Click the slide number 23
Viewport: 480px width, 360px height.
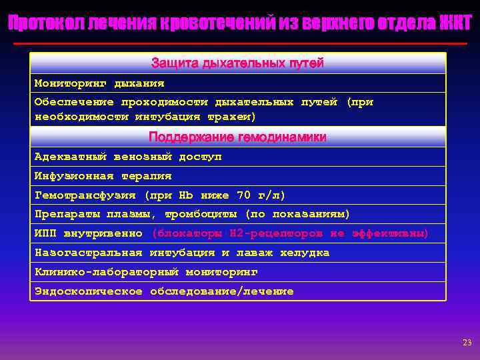pos(467,343)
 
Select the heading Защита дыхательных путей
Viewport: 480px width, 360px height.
pos(237,63)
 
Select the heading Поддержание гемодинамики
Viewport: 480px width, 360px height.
pos(237,137)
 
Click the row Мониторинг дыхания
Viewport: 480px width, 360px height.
pos(99,84)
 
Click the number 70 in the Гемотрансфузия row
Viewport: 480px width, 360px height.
pos(244,195)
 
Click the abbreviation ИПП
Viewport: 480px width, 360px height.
pos(45,233)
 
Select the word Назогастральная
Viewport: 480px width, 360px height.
pos(88,253)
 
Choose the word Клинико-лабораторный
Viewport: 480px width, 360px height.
pos(106,272)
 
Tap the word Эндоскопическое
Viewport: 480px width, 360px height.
pos(88,291)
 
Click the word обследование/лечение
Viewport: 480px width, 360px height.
pos(222,291)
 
